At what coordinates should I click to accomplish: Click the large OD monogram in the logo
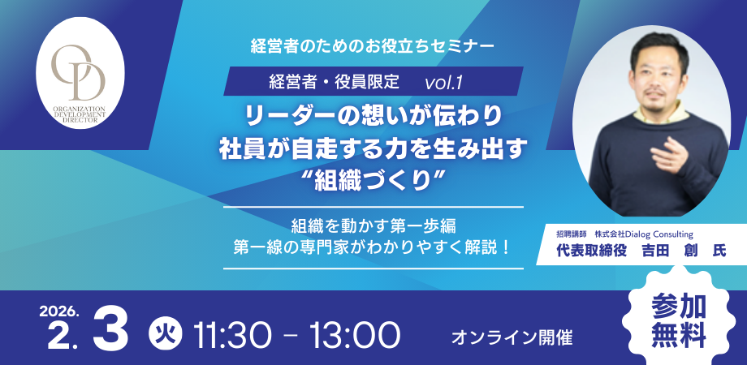pyautogui.click(x=79, y=71)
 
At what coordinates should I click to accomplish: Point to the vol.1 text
pyautogui.click(x=443, y=81)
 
